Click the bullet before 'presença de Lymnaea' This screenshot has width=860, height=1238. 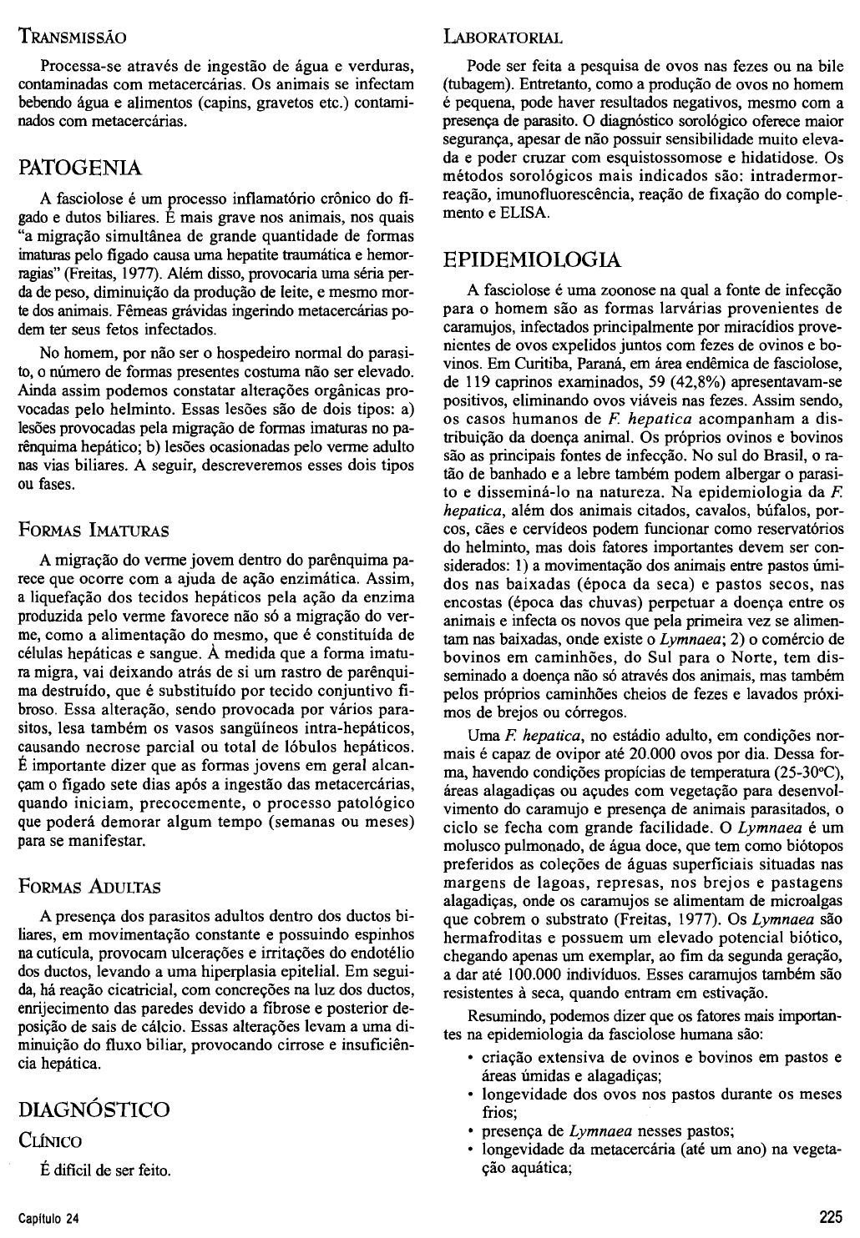[473, 1131]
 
